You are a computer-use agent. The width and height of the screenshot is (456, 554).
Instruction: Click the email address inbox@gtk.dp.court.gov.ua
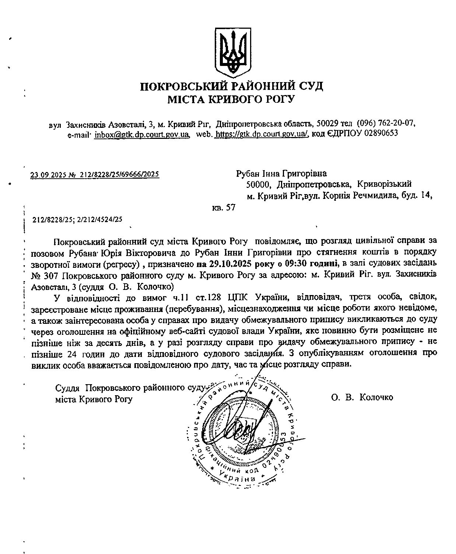[x=142, y=133]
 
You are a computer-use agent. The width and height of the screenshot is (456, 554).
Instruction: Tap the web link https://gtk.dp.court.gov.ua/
[x=262, y=133]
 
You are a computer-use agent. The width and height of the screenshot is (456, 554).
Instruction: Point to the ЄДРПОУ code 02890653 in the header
[x=381, y=133]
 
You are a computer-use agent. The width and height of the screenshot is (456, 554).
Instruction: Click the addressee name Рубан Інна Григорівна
[x=281, y=173]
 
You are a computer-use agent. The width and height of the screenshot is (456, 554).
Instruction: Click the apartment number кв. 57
[x=224, y=208]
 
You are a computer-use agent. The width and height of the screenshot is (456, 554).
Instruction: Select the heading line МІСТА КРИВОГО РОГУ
[x=232, y=99]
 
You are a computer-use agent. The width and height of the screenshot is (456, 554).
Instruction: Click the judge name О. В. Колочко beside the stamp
[x=362, y=397]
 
